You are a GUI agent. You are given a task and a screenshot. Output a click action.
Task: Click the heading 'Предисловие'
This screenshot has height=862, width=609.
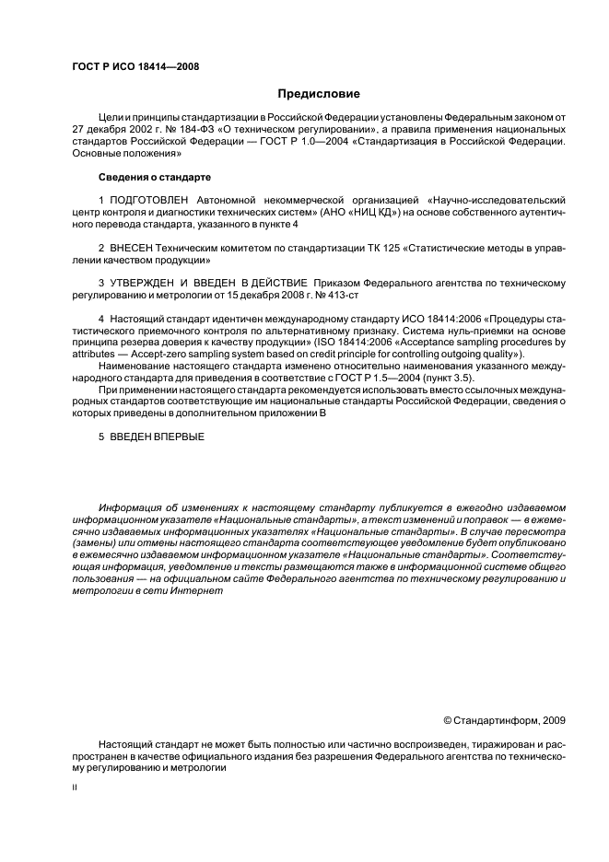tap(319, 94)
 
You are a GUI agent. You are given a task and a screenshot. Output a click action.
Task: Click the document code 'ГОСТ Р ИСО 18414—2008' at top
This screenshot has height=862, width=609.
tap(135, 67)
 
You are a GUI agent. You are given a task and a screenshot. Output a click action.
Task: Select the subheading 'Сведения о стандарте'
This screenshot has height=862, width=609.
tap(151, 177)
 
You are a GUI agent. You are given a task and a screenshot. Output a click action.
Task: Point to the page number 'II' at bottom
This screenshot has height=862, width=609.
tap(75, 789)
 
